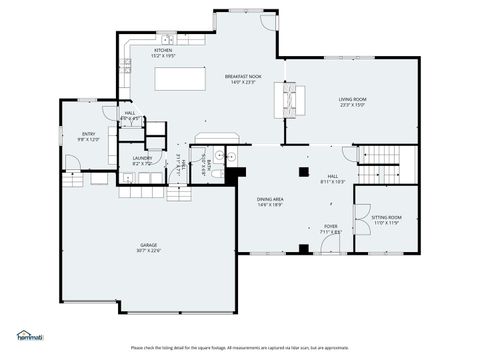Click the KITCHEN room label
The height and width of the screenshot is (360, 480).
(163, 50)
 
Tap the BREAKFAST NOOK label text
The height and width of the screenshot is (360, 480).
(243, 76)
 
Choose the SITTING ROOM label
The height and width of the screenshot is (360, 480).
(386, 217)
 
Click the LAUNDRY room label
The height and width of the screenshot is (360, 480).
(142, 158)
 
